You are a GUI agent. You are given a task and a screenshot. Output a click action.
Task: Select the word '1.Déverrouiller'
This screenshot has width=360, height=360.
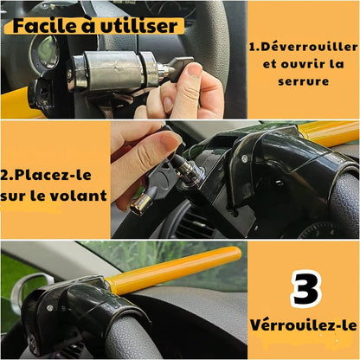302,45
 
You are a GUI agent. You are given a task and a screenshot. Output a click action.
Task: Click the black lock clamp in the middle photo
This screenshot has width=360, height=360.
260,164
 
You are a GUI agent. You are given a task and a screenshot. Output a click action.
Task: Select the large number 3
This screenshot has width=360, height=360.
304,290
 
